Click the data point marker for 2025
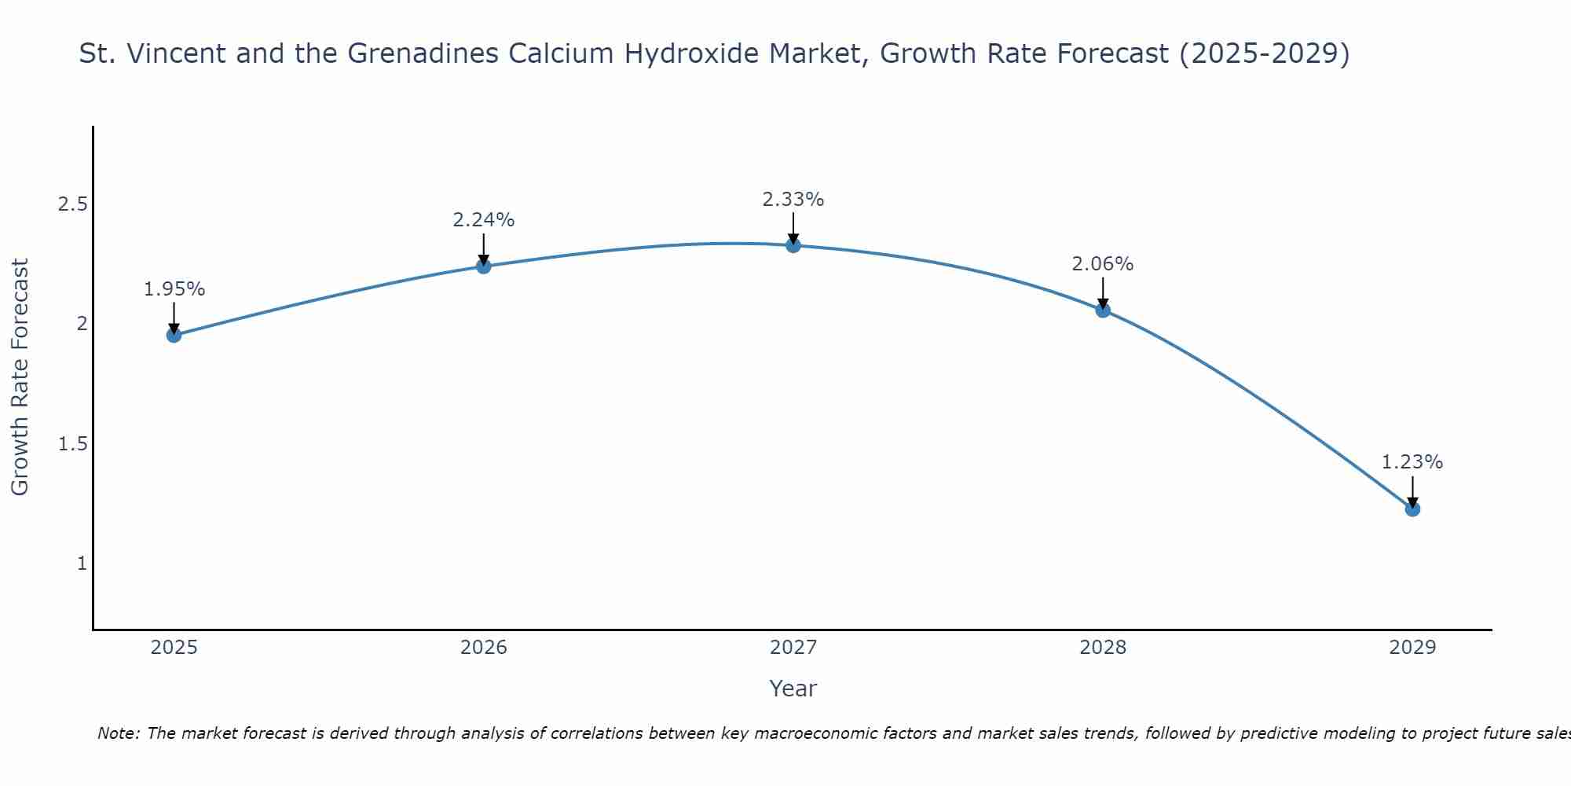(x=174, y=336)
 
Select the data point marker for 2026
(x=483, y=266)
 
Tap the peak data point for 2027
(x=793, y=245)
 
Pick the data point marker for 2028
(x=1103, y=310)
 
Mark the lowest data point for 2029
(x=1412, y=509)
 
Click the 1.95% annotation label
(x=174, y=289)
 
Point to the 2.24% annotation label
(x=483, y=220)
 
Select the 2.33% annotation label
(x=793, y=200)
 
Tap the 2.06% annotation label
(x=1103, y=264)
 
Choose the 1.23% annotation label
(x=1412, y=462)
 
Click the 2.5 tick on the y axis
(x=73, y=204)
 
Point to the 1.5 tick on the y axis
(x=73, y=444)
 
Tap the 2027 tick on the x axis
(x=793, y=648)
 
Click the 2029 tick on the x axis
(x=1412, y=648)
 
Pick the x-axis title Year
(x=793, y=689)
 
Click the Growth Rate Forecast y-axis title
(x=20, y=376)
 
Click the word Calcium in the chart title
(x=560, y=53)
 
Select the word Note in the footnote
(x=118, y=733)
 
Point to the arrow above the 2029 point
(x=1412, y=492)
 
